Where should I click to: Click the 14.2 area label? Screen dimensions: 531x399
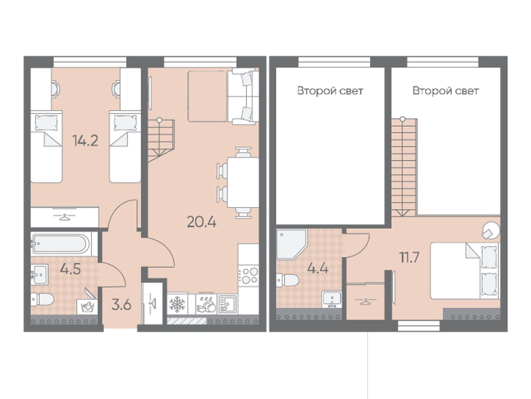[x=85, y=141]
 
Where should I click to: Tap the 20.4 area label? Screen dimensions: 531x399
[x=201, y=222]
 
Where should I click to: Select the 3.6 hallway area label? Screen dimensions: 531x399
[x=121, y=305]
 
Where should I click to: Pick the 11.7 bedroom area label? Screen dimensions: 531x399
[x=409, y=257]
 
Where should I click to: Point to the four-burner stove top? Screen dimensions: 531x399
[x=248, y=276]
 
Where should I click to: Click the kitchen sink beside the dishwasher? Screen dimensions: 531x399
[x=227, y=304]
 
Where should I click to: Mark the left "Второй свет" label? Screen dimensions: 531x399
[x=330, y=91]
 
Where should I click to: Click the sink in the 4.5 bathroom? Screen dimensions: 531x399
[x=40, y=274]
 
